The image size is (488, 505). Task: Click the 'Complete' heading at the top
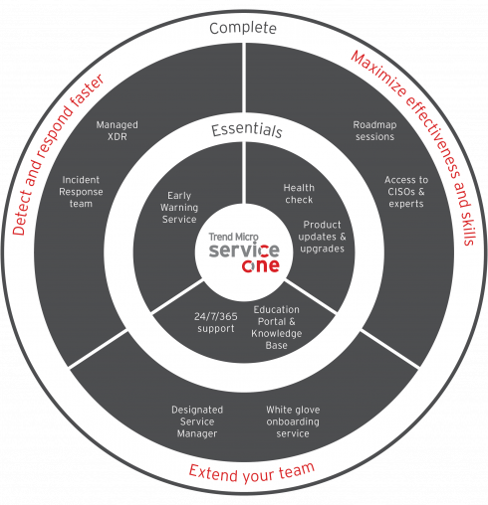point(243,28)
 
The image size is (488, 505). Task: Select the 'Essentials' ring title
point(247,129)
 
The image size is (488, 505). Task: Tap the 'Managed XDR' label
point(118,130)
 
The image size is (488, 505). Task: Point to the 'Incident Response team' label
point(81,192)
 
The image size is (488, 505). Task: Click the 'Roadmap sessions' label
point(374,130)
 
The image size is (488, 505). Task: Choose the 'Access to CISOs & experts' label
point(406,192)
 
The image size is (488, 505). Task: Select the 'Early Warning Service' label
point(179,208)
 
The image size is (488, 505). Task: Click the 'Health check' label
point(299,194)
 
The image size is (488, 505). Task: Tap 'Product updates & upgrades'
point(322,237)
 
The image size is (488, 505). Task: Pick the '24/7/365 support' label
point(216,322)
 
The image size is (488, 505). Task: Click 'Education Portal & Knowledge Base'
point(276,327)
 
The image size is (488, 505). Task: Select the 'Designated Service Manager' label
point(197,421)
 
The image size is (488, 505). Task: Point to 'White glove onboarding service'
point(293,421)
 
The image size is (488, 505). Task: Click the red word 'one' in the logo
point(261,265)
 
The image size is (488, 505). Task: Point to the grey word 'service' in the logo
point(244,250)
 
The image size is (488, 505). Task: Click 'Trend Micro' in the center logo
point(233,237)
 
